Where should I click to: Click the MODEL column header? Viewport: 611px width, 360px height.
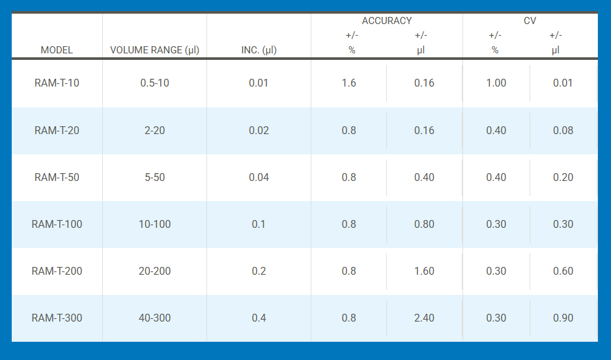click(x=57, y=50)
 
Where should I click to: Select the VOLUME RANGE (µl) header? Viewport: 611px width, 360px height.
click(x=154, y=50)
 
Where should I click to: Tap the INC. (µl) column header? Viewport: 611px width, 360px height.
click(x=259, y=50)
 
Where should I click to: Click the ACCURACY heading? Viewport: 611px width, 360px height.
click(x=387, y=21)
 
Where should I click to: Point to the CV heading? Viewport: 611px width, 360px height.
click(x=530, y=21)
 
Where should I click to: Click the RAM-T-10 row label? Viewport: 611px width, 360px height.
click(x=57, y=83)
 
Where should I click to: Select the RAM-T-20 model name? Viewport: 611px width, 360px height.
click(x=57, y=130)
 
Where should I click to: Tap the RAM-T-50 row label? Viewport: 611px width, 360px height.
click(x=57, y=177)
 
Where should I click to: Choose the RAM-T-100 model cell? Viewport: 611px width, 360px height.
click(x=57, y=224)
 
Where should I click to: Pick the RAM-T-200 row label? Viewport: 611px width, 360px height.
click(x=57, y=271)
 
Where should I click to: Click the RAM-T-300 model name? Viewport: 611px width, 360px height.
click(x=57, y=318)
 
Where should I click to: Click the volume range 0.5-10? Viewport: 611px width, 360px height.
click(x=154, y=83)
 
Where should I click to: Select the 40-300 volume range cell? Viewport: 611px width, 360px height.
click(x=154, y=318)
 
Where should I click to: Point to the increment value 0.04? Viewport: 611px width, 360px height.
click(x=259, y=177)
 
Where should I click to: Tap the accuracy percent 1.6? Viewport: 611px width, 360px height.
click(x=349, y=83)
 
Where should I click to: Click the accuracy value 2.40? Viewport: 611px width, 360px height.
click(x=424, y=318)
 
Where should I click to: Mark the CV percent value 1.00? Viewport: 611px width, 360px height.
click(x=496, y=83)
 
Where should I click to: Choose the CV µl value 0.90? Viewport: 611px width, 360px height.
click(x=563, y=318)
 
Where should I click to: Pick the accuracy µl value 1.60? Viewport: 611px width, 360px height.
click(x=424, y=271)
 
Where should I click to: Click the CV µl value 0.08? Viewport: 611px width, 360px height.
click(x=563, y=130)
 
